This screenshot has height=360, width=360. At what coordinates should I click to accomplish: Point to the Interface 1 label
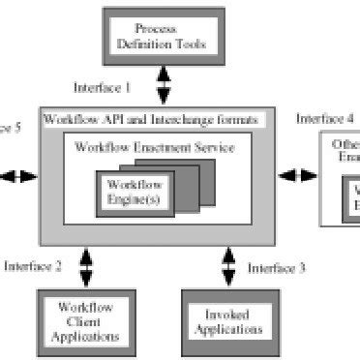click(104, 88)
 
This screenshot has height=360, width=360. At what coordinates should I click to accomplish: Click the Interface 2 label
click(34, 264)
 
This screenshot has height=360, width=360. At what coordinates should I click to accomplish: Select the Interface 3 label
click(277, 266)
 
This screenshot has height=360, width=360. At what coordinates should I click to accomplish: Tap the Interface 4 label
click(325, 118)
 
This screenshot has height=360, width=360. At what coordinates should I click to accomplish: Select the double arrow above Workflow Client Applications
click(86, 264)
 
